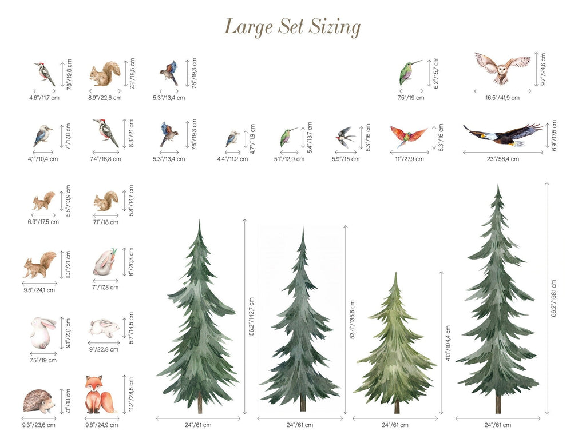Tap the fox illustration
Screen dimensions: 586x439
tap(100, 394)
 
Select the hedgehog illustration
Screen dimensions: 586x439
tap(39, 401)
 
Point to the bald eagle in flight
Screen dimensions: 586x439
tap(502, 135)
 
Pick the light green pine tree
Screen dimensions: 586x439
tap(396, 343)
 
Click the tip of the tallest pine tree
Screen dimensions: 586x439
tap(498, 184)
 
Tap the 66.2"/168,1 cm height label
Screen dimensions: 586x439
tap(553, 298)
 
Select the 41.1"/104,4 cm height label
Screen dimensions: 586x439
tap(448, 343)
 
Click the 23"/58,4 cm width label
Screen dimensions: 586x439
tap(502, 159)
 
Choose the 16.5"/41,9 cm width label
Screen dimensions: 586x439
tap(502, 98)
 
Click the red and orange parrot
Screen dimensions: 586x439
tap(409, 136)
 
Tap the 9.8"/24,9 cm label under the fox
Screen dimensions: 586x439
tap(102, 425)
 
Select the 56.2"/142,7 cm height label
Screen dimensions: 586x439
tap(251, 317)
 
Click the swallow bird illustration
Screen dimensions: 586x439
tap(345, 137)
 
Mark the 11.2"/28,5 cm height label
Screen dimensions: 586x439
tap(131, 394)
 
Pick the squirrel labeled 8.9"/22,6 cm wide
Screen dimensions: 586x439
tap(105, 74)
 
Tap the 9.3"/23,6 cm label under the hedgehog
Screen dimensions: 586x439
tap(38, 425)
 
